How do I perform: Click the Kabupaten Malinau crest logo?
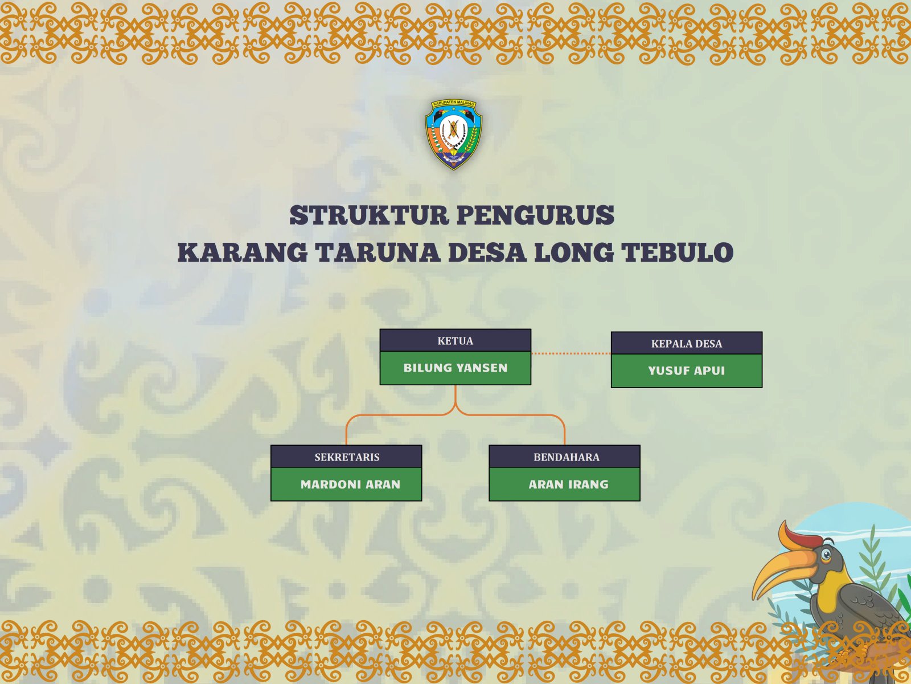point(453,135)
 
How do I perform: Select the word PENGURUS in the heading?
point(536,215)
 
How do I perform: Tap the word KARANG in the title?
point(243,253)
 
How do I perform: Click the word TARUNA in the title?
point(377,253)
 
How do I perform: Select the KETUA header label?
point(455,341)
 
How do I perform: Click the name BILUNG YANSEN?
point(455,368)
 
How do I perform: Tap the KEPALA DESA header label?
point(687,344)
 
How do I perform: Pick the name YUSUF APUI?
point(687,370)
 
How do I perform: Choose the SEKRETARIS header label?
point(347,457)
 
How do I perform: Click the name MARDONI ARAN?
point(350,484)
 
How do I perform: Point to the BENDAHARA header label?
point(567,457)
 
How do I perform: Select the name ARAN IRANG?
point(568,484)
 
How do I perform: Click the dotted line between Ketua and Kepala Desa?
point(571,353)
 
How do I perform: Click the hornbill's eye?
point(826,555)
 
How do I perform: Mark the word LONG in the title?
point(573,253)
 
